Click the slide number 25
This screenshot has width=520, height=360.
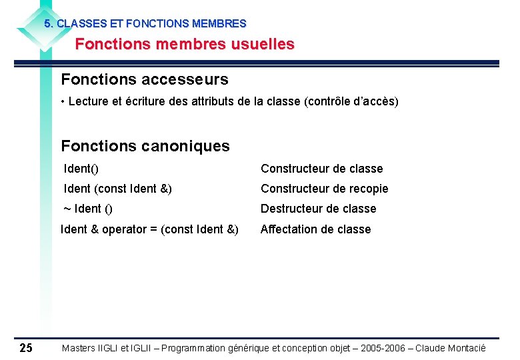point(26,347)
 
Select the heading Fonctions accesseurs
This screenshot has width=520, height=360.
point(145,80)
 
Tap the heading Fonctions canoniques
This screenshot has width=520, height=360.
point(145,146)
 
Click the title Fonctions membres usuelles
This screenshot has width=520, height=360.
point(185,45)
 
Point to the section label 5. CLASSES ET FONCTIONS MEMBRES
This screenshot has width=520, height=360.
point(145,23)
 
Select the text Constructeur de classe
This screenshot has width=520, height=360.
point(322,169)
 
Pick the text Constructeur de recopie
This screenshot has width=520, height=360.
point(324,189)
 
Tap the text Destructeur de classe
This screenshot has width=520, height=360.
point(319,209)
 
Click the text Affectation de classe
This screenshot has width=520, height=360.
point(315,229)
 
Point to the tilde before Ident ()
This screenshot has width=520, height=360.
point(67,209)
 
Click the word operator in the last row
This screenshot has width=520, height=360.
point(124,229)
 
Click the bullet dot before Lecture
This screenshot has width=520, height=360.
point(62,102)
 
